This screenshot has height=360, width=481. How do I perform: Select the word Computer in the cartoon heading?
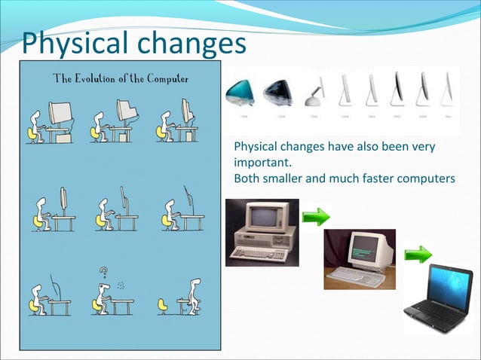[167, 78]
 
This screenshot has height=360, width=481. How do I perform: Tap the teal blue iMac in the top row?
[241, 94]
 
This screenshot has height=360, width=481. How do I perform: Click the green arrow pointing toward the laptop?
[418, 254]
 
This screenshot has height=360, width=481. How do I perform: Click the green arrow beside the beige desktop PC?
[316, 218]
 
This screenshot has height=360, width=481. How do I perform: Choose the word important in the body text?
[259, 162]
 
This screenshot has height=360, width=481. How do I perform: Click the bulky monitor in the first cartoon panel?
[60, 113]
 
